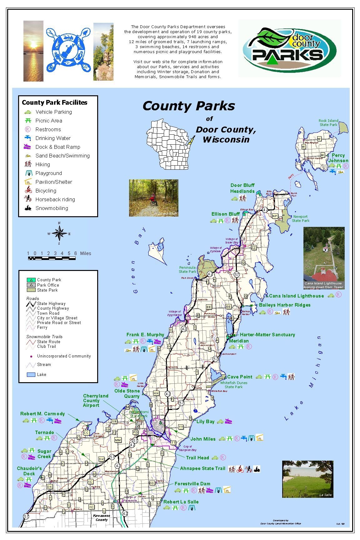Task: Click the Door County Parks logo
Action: tap(289, 48)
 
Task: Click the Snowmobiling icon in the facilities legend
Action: tap(28, 208)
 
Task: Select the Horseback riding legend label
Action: tap(55, 199)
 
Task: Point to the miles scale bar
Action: tap(52, 258)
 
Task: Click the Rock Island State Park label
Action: tap(328, 122)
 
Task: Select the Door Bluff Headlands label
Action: tap(242, 188)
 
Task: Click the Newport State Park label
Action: tap(300, 218)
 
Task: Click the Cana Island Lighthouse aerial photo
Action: tap(324, 258)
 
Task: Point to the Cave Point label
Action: tap(240, 377)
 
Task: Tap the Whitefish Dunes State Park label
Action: tap(233, 385)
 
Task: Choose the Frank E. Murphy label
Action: tap(145, 335)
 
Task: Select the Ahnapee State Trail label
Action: tap(202, 468)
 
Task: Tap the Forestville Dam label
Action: tap(192, 484)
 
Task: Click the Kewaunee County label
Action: tap(102, 518)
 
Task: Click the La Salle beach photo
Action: tap(307, 479)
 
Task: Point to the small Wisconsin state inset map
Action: tap(170, 144)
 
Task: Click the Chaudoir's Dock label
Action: tap(29, 471)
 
